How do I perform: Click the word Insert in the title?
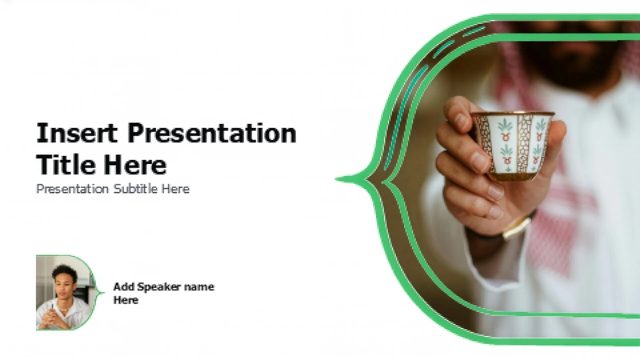pyautogui.click(x=77, y=133)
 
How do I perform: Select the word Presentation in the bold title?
pyautogui.click(x=212, y=134)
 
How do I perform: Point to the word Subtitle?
pyautogui.click(x=136, y=189)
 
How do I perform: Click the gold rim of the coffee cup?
pyautogui.click(x=513, y=114)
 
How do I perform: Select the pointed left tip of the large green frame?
pyautogui.click(x=336, y=179)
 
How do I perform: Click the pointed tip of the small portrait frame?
pyautogui.click(x=104, y=293)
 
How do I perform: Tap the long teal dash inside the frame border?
pyautogui.click(x=404, y=117)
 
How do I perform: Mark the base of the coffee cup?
pyautogui.click(x=513, y=176)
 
